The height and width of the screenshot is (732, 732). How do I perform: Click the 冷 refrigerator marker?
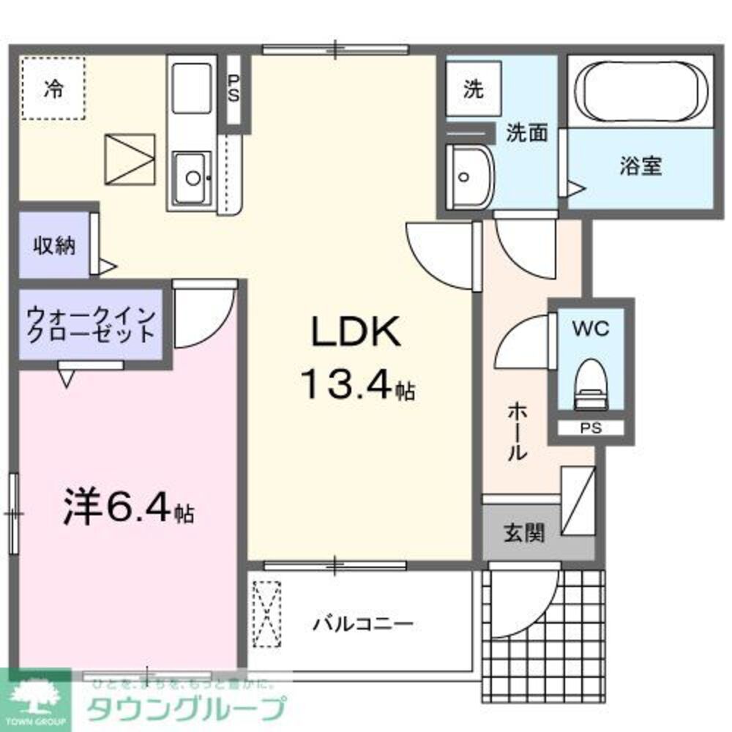53,89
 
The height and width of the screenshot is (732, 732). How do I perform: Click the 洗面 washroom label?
527,134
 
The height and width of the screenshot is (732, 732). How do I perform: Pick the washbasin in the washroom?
468,176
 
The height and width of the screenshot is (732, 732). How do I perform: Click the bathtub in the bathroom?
641,89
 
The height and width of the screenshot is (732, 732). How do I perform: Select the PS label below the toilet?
591,429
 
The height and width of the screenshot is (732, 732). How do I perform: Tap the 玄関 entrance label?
523,533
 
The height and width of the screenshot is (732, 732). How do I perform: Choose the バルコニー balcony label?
363,624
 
